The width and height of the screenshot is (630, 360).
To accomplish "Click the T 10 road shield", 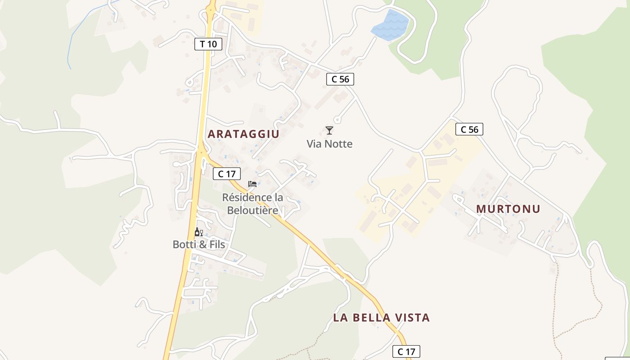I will pyautogui.click(x=208, y=44).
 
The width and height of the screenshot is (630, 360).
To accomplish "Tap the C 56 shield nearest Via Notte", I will pyautogui.click(x=340, y=79).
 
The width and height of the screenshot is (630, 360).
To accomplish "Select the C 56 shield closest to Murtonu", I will pyautogui.click(x=469, y=130).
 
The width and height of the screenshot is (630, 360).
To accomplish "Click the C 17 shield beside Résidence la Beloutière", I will pyautogui.click(x=227, y=174).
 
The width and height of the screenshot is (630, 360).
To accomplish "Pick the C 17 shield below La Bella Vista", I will pyautogui.click(x=406, y=351).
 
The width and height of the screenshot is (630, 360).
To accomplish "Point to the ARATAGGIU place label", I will pyautogui.click(x=243, y=134).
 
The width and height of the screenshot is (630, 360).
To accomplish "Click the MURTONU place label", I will pyautogui.click(x=508, y=209).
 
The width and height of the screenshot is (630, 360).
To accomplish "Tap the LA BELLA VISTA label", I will pyautogui.click(x=381, y=318).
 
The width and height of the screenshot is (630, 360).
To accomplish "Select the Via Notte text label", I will pyautogui.click(x=329, y=144).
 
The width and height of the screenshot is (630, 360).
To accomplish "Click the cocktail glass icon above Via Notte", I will pyautogui.click(x=329, y=130).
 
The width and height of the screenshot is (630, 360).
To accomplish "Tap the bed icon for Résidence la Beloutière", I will pyautogui.click(x=252, y=184).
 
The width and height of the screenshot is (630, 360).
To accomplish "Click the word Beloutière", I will pyautogui.click(x=252, y=210).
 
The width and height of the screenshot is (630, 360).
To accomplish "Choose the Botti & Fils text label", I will pyautogui.click(x=199, y=244).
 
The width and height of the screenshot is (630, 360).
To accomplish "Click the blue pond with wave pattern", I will pyautogui.click(x=390, y=26).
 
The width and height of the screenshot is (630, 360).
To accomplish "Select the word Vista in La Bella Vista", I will pyautogui.click(x=412, y=318).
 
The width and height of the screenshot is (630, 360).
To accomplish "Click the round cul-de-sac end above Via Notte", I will pyautogui.click(x=337, y=120).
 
